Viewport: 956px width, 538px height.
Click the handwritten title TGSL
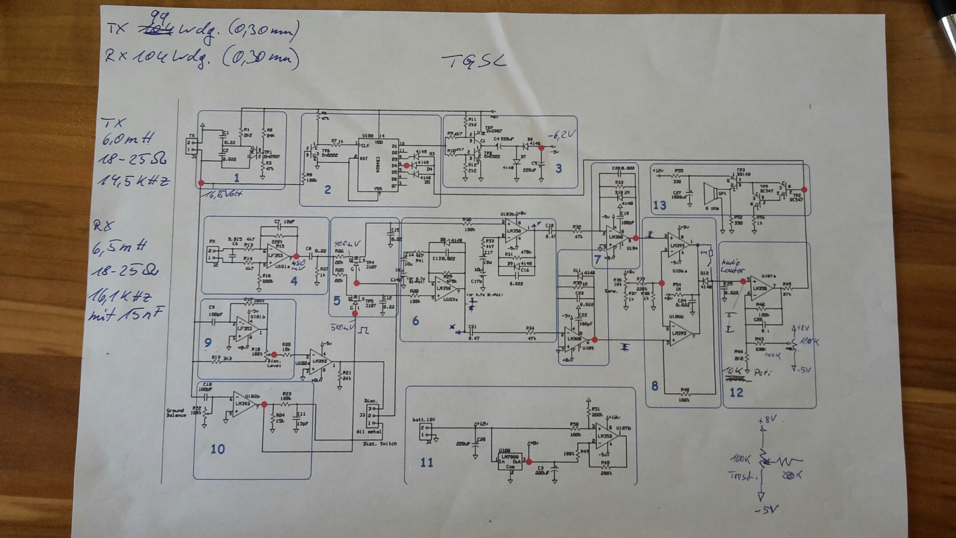(x=474, y=61)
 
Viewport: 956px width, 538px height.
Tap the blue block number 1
(x=237, y=178)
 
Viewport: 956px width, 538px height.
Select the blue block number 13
(x=660, y=205)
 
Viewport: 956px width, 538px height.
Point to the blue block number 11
(x=427, y=463)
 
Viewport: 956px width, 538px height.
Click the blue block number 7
(x=597, y=259)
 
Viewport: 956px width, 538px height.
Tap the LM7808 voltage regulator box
(x=510, y=461)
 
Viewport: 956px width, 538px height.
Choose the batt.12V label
(x=424, y=420)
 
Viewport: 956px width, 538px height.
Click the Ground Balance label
(x=176, y=413)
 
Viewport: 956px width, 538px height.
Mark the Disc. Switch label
(x=380, y=444)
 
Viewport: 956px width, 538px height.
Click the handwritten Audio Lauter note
(x=733, y=266)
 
